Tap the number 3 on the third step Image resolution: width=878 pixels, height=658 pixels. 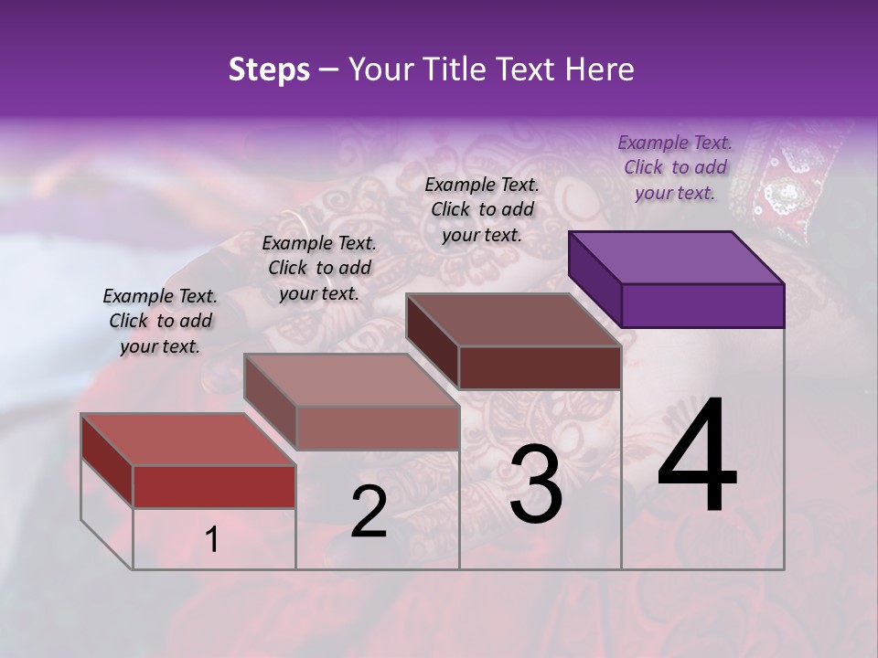point(536,484)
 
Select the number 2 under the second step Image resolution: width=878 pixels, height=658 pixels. point(369,512)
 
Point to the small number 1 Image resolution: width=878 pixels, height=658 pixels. point(211,539)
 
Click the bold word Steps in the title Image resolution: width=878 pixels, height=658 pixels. point(269,69)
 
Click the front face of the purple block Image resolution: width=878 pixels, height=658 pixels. point(702,305)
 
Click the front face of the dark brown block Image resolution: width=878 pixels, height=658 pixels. point(540,367)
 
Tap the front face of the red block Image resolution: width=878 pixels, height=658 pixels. point(214,486)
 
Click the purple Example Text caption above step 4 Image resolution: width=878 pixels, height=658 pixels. point(675,167)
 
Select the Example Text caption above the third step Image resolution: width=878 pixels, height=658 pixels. point(482,209)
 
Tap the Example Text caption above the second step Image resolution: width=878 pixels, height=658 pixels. point(319,268)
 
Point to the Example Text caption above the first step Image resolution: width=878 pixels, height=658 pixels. point(160,321)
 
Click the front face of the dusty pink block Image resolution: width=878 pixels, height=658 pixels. point(377,428)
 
